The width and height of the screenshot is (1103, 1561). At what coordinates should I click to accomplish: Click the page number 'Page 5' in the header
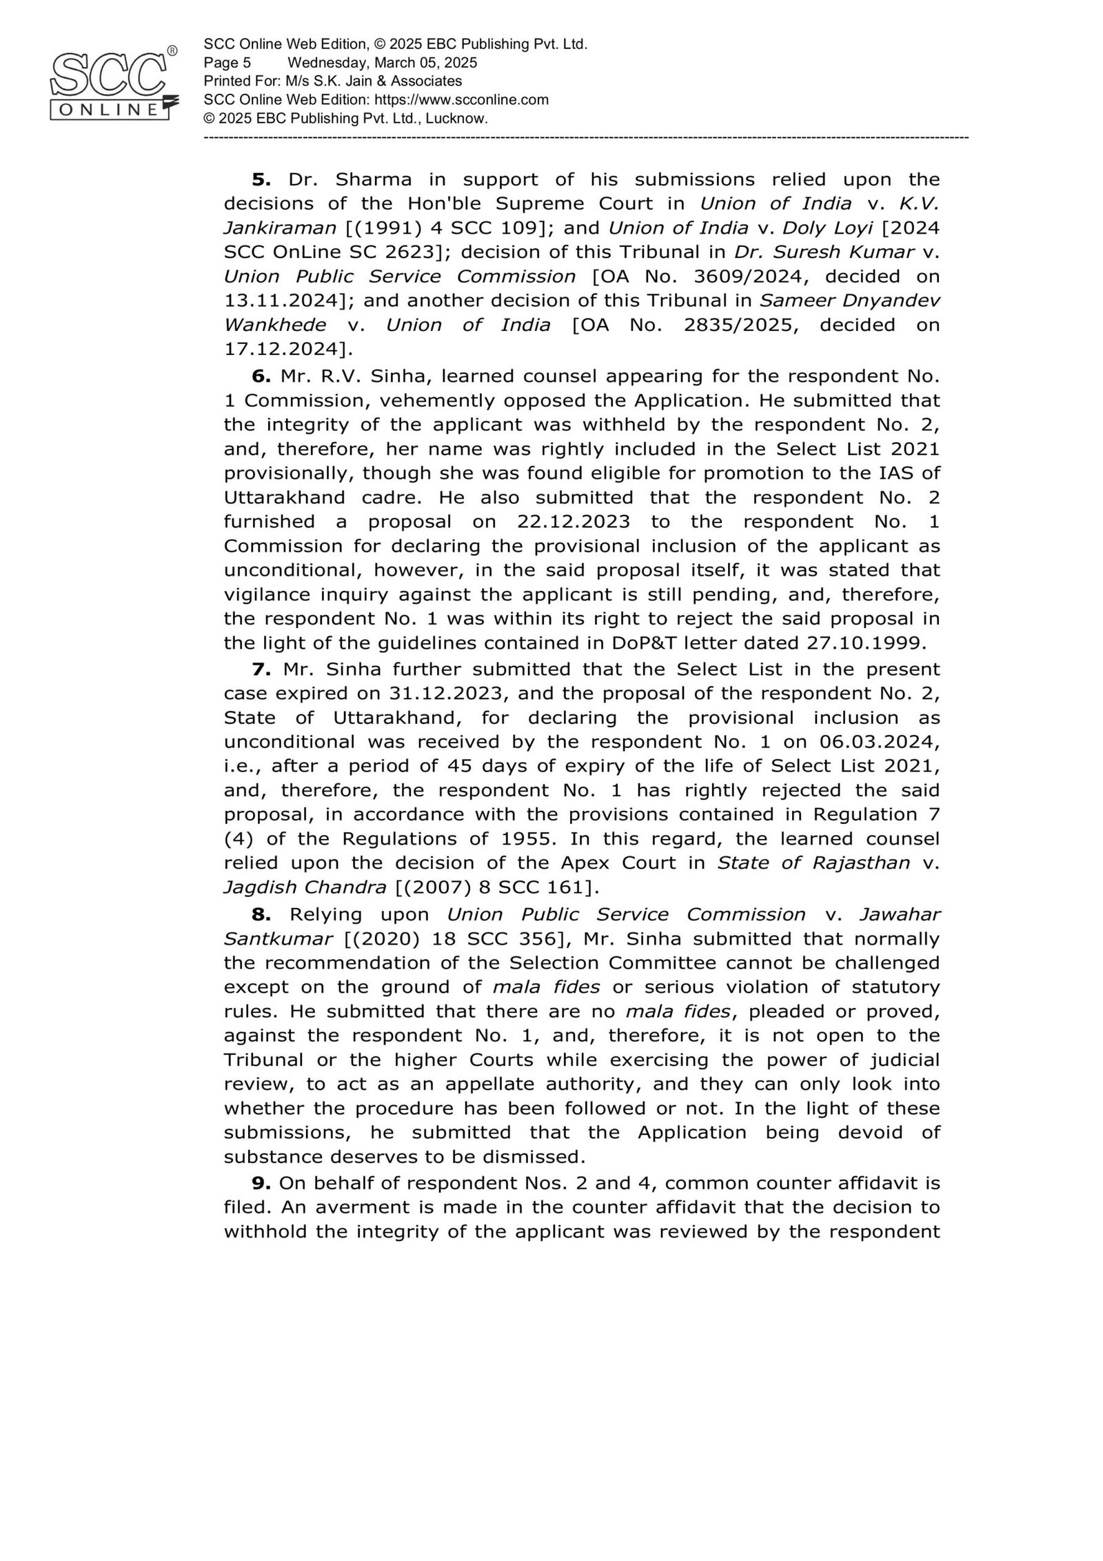point(227,63)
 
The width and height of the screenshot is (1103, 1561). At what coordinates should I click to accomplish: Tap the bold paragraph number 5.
point(261,180)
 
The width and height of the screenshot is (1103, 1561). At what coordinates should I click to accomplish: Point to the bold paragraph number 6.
point(261,376)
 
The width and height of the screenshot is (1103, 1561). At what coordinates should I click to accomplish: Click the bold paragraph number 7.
point(261,669)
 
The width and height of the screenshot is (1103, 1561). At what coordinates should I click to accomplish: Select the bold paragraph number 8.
point(261,914)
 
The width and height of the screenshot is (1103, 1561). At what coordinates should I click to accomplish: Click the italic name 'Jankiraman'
point(279,228)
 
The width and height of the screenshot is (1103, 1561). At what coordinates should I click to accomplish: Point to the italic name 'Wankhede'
point(275,325)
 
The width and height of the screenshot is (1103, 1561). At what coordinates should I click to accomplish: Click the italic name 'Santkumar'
point(275,938)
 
